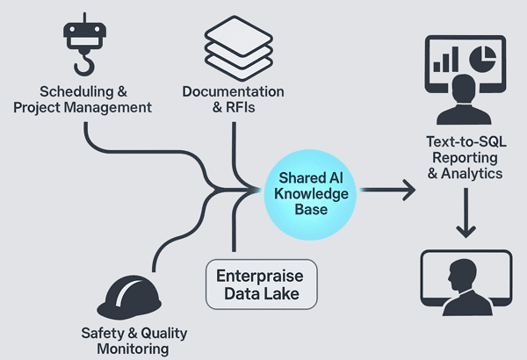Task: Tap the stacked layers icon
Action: click(x=234, y=47)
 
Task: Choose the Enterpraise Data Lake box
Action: click(x=262, y=284)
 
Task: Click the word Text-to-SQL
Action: click(x=464, y=140)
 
